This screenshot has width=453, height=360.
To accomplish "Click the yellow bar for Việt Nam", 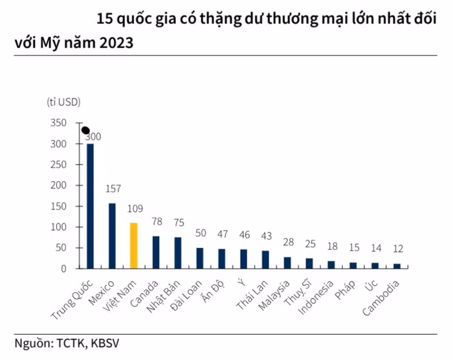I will pos(133,245).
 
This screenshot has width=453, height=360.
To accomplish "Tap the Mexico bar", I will pos(112,236).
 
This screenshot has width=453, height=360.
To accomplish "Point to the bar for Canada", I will pos(155,252).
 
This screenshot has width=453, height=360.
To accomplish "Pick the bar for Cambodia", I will pos(397,265).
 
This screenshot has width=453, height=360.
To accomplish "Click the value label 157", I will pos(114,189).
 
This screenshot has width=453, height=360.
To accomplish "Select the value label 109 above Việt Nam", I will pos(134,209).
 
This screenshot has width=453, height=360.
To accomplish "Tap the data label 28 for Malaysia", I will pos(288,242).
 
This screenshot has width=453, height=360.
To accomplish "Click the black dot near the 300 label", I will pos(85,130).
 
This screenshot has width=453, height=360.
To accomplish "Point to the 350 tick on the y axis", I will pos(58,123).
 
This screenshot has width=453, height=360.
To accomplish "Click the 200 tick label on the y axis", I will pos(58,185).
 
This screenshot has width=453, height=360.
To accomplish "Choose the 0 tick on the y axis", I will pos(63,268).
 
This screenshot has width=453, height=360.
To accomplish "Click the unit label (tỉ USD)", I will pos(63,102).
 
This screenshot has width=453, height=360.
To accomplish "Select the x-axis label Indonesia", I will pos(316,298).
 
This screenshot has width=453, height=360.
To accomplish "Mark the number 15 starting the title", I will pos(105,18).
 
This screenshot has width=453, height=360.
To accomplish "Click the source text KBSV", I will pos(104,343).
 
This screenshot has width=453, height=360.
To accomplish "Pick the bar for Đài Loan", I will pos(199,258).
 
